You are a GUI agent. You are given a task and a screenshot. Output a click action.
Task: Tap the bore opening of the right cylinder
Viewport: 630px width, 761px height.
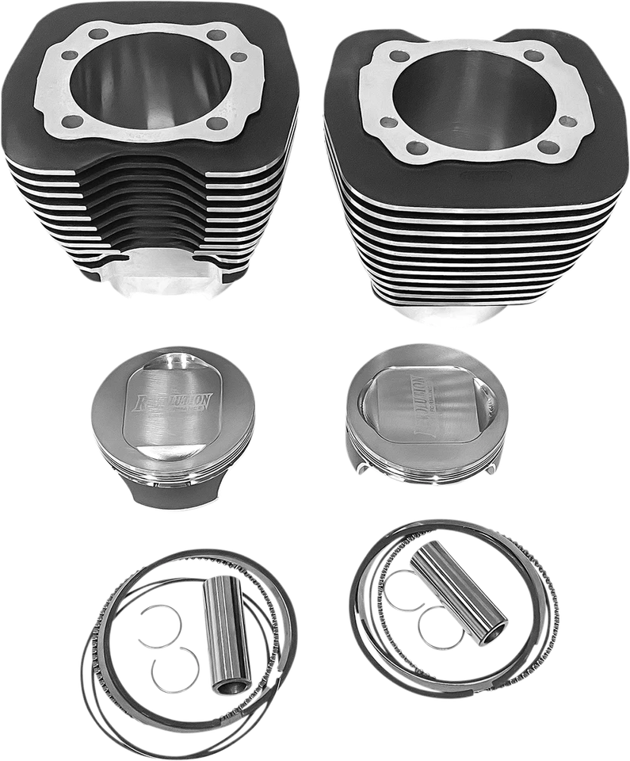[x=468, y=100]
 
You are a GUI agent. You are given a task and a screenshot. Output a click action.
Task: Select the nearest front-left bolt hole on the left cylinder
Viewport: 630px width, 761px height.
[x=72, y=121]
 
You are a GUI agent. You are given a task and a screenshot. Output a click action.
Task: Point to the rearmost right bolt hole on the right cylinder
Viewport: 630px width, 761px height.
[x=535, y=55]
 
